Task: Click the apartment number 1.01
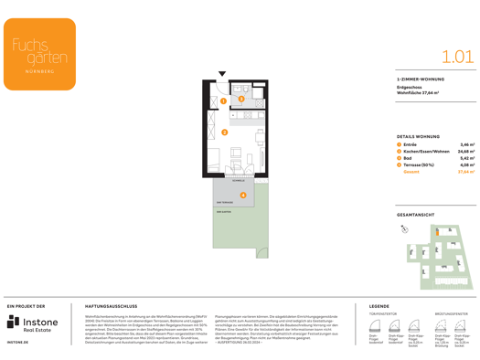pos(457,57)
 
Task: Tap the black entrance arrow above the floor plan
pos(222,74)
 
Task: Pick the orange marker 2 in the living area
pos(225,132)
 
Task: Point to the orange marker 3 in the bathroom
pos(241,99)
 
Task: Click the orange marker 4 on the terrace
pos(243,195)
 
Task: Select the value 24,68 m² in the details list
pos(465,152)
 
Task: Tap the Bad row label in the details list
pos(408,158)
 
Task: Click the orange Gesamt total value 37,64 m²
pos(465,172)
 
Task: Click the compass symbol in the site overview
pos(404,230)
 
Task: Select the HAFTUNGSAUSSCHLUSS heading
pos(111,306)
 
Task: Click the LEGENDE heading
pos(379,306)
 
